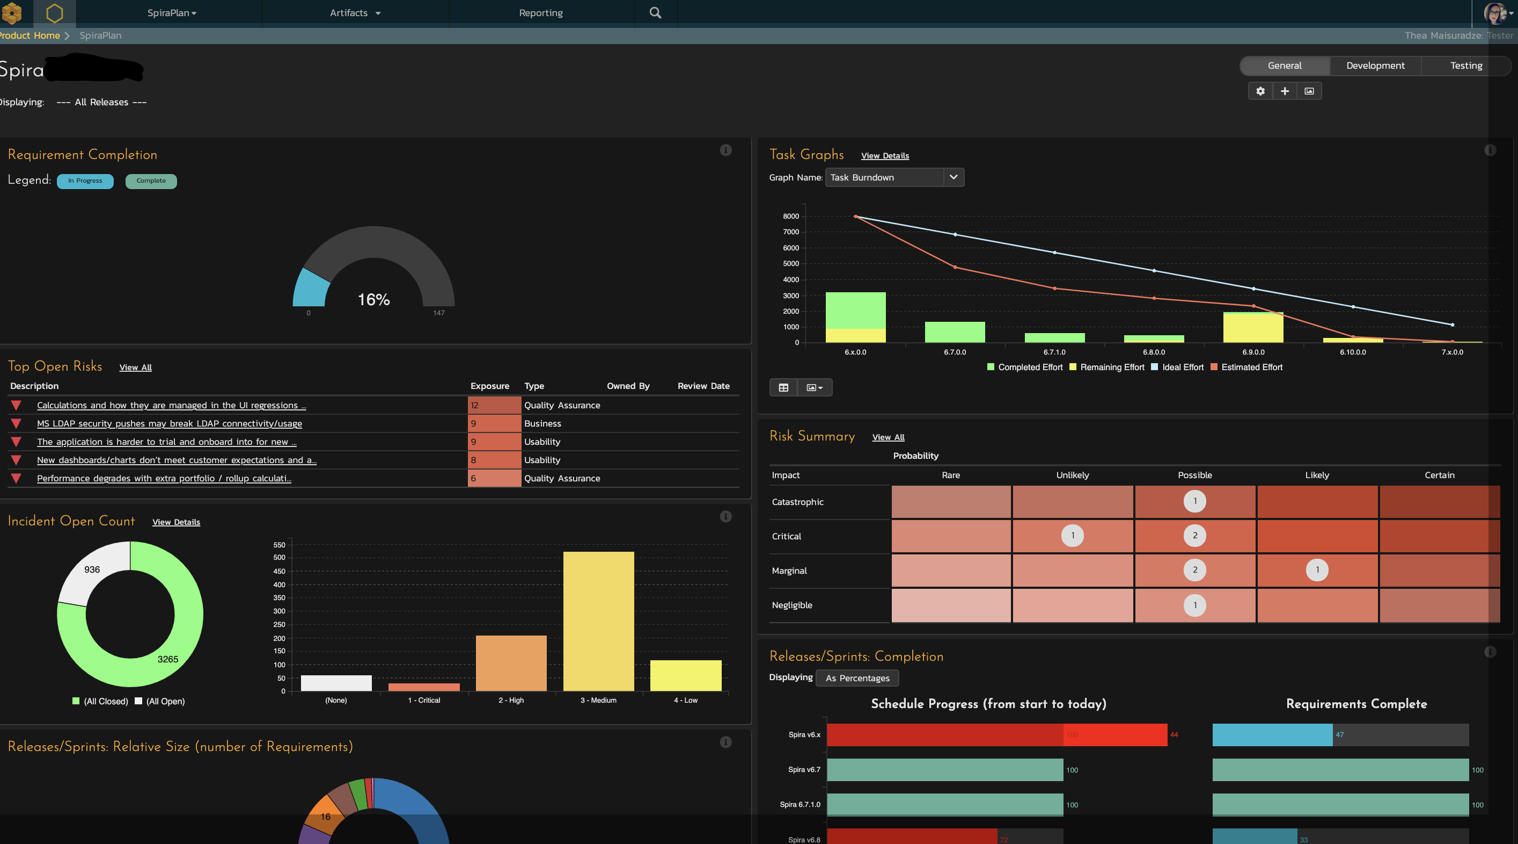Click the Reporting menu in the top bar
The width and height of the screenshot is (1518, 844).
(540, 13)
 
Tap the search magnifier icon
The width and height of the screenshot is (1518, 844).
(655, 13)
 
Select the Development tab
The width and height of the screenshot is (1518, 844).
(1375, 66)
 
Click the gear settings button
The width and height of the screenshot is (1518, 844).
(1260, 91)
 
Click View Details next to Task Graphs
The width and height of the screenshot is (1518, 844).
(884, 156)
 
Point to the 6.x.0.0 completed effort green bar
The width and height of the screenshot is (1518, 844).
(855, 310)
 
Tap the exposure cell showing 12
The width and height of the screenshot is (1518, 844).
(494, 405)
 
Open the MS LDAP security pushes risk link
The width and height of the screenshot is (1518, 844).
(169, 423)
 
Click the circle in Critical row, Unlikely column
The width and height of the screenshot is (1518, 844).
(1072, 536)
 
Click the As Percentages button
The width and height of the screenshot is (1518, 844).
(857, 677)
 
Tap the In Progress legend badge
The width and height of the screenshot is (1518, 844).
(85, 181)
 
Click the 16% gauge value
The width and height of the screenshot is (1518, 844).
(373, 300)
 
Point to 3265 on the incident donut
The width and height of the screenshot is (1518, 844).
(167, 659)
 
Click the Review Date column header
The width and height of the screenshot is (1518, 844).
(703, 386)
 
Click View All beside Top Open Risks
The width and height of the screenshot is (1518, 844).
(136, 367)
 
